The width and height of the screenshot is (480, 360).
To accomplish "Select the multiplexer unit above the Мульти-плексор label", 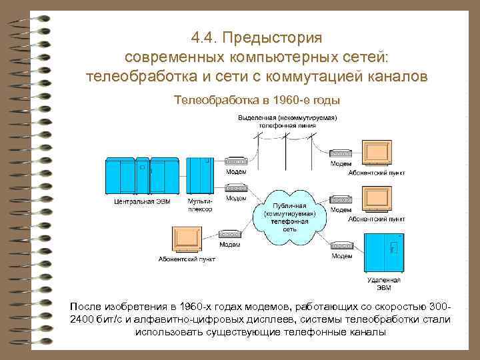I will [x=200, y=175].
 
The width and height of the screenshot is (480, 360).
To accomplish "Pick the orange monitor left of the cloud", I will [x=187, y=238].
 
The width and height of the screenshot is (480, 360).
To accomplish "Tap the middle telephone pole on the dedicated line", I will [x=285, y=143].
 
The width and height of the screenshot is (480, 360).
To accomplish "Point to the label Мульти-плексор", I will [x=200, y=204].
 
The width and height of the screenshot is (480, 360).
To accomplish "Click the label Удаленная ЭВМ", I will [x=383, y=283].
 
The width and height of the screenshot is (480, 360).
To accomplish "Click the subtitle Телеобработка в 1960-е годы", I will [x=257, y=101].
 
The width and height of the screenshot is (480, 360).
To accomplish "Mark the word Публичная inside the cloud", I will [x=289, y=206].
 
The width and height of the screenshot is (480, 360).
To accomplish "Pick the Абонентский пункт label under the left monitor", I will [x=187, y=259].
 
